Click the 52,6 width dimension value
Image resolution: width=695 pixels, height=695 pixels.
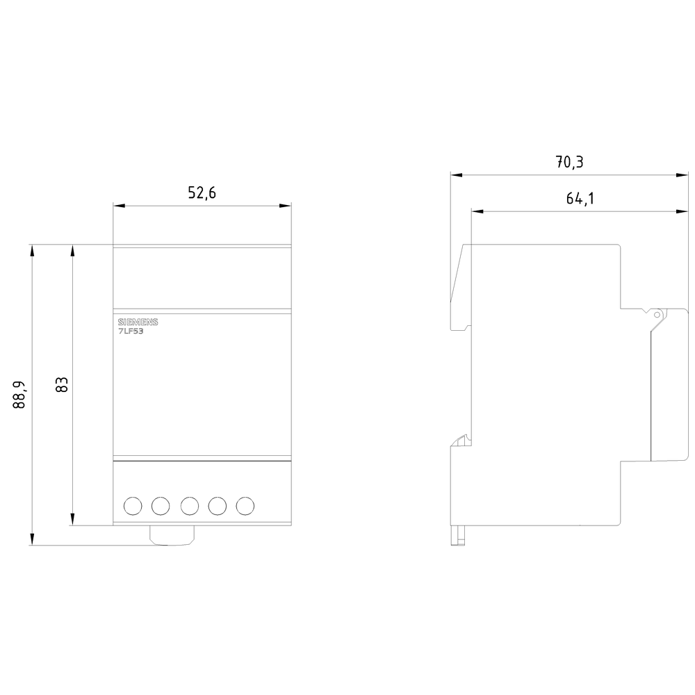[x=202, y=193]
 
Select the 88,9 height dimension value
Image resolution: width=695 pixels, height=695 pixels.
[x=19, y=395]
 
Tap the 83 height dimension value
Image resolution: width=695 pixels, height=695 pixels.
[x=62, y=385]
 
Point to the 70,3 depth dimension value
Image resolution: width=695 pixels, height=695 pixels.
[x=570, y=162]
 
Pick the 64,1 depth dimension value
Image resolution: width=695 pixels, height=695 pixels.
[x=580, y=199]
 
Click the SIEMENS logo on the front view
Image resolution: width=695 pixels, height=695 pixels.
[x=138, y=322]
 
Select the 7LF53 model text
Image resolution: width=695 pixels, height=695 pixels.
[x=131, y=331]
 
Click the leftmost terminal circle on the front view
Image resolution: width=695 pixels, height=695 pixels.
[x=133, y=506]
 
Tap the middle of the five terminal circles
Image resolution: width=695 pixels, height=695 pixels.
[x=189, y=506]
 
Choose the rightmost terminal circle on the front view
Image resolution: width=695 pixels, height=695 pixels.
[x=245, y=506]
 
